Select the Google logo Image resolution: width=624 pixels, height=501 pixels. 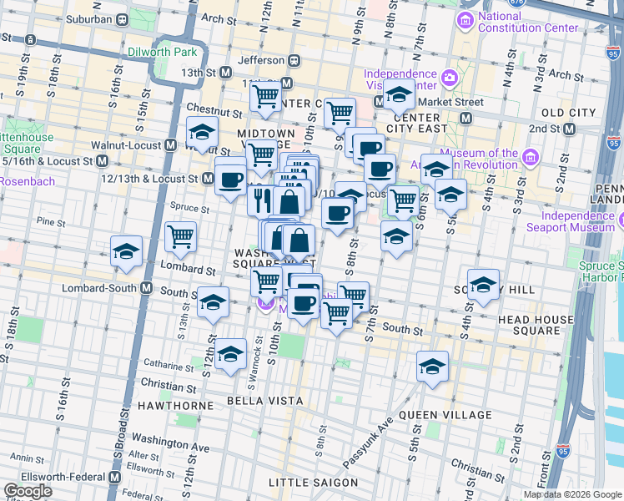click(x=28, y=491)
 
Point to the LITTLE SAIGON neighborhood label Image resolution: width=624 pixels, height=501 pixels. click(x=313, y=483)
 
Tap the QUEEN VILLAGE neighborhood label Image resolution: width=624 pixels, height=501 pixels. click(x=445, y=415)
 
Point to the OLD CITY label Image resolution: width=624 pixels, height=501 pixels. click(x=568, y=113)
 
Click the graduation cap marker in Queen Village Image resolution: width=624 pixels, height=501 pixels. click(x=432, y=367)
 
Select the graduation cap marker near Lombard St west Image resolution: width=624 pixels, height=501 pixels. click(x=126, y=250)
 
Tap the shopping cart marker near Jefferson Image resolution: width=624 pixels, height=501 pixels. click(x=265, y=95)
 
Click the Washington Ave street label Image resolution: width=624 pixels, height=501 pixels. click(x=170, y=448)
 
